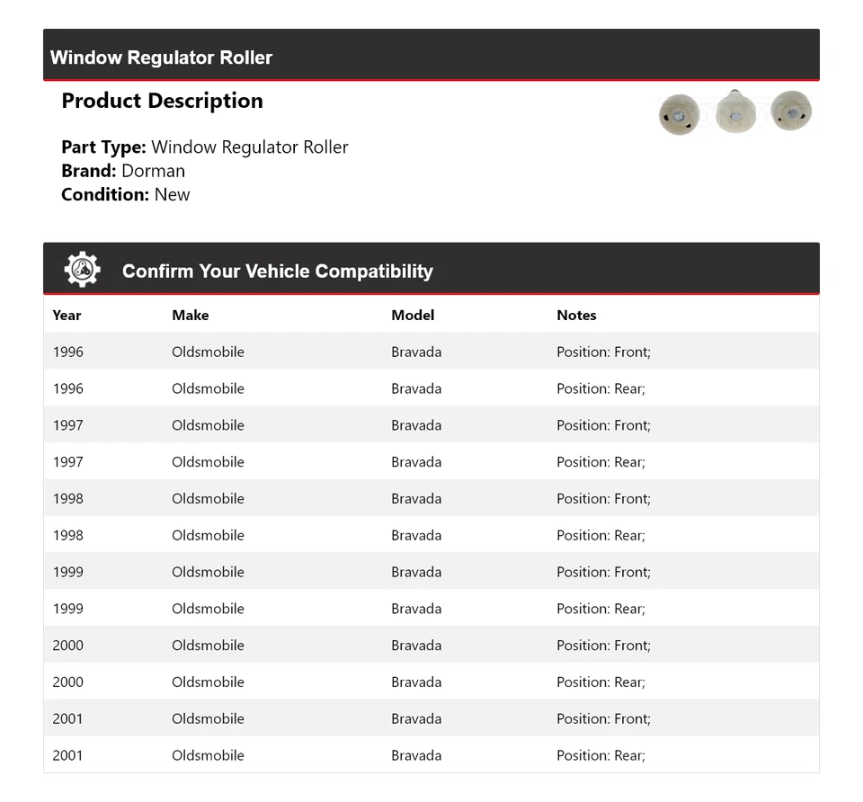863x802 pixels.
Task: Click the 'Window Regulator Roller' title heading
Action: coord(161,58)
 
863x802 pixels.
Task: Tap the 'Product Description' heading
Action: coord(162,101)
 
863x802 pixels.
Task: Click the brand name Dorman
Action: coord(153,171)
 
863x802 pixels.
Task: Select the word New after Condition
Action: coord(172,194)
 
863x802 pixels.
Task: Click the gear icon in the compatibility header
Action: coord(82,270)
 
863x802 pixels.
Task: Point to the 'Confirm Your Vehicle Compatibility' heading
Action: coord(277,272)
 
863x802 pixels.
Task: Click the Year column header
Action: coord(67,315)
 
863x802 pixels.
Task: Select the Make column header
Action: coord(190,315)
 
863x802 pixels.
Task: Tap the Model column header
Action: coord(413,315)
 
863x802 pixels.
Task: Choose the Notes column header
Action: coord(576,315)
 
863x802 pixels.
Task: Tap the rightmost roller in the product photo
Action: coord(791,110)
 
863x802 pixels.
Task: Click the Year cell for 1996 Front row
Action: coord(67,352)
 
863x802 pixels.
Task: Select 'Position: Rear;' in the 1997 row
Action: coord(601,462)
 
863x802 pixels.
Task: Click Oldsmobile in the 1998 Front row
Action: coord(208,499)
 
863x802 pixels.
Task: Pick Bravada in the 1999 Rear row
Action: coord(416,609)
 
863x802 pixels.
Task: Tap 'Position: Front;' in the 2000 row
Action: coord(603,646)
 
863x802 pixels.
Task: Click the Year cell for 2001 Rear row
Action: coord(67,755)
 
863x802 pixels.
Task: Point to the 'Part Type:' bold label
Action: coord(103,147)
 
